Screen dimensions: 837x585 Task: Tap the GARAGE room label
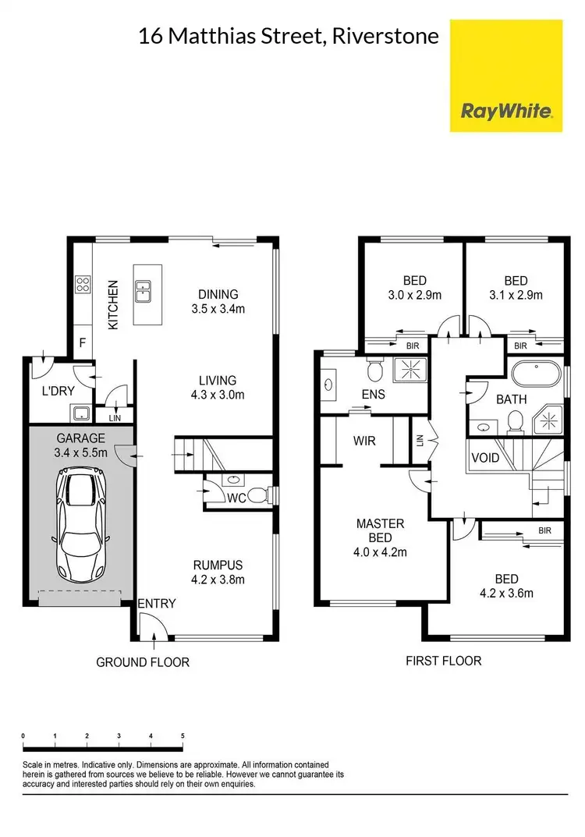click(x=80, y=438)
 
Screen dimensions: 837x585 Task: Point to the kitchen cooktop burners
click(x=82, y=286)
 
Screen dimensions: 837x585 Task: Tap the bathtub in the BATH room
click(x=534, y=374)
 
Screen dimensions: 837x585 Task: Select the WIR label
click(x=364, y=441)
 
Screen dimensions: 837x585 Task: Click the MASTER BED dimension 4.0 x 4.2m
click(x=380, y=552)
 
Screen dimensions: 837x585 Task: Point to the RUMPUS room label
click(x=218, y=565)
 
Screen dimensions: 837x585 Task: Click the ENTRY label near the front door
click(x=157, y=603)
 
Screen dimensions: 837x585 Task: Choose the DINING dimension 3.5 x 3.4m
click(x=218, y=308)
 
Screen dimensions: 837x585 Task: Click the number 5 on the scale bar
click(x=182, y=736)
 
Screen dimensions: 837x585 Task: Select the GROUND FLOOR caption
click(x=143, y=662)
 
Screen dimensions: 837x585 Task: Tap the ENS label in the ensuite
click(x=373, y=394)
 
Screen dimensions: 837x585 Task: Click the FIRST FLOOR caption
click(x=443, y=661)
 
